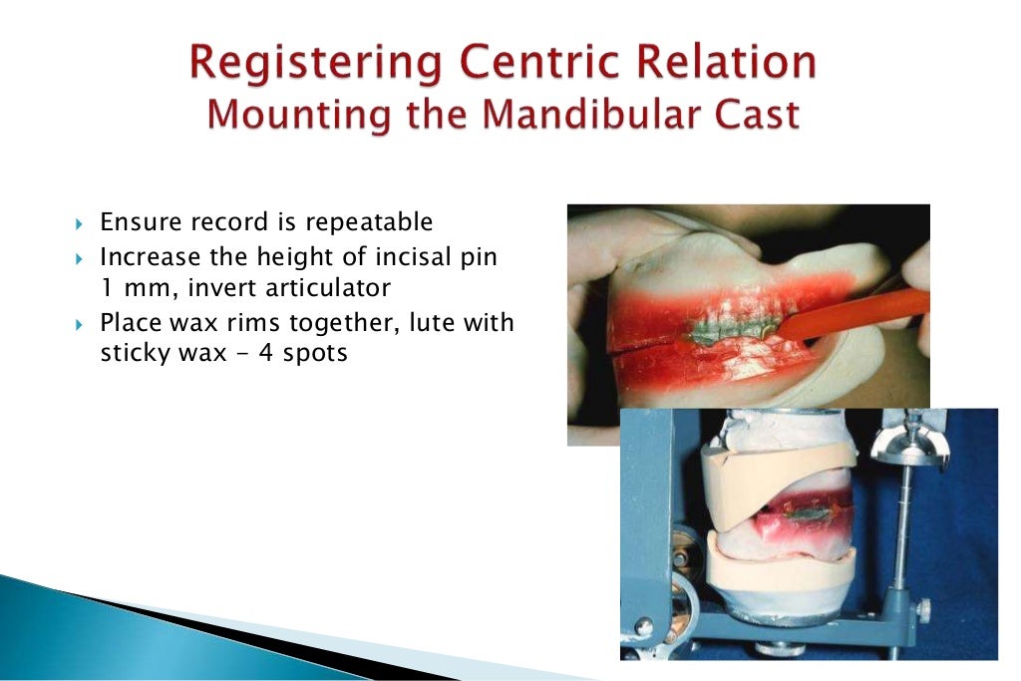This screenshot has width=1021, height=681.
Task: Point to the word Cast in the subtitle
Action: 755,115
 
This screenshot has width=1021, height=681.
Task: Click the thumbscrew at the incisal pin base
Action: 924,606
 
